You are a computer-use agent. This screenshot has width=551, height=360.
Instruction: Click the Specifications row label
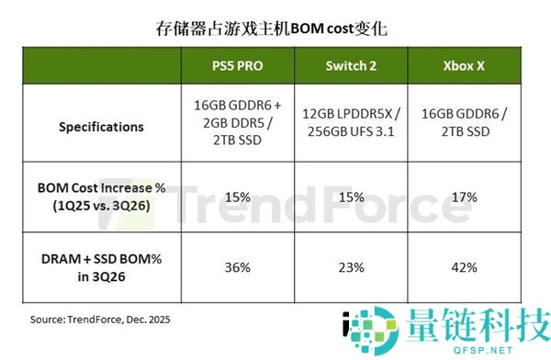101,127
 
